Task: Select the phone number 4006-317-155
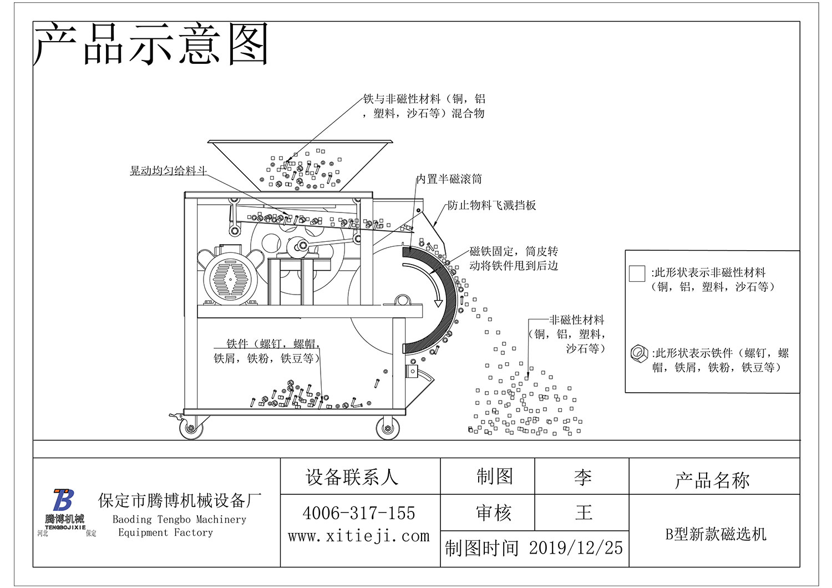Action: (359, 513)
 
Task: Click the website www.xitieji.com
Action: (359, 536)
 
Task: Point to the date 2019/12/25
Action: (576, 548)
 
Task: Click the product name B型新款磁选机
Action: (716, 534)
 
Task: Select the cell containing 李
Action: (582, 477)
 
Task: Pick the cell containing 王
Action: (583, 513)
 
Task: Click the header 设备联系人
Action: (352, 477)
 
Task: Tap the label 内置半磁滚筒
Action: (449, 179)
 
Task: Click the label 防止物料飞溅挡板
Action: (492, 205)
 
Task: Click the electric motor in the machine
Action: (229, 277)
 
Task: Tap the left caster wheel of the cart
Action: (190, 428)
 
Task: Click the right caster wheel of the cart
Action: (388, 428)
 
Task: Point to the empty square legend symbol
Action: (637, 273)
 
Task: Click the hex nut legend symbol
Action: (639, 353)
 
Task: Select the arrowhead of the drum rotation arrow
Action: (438, 302)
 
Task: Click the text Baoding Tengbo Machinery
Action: (179, 520)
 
